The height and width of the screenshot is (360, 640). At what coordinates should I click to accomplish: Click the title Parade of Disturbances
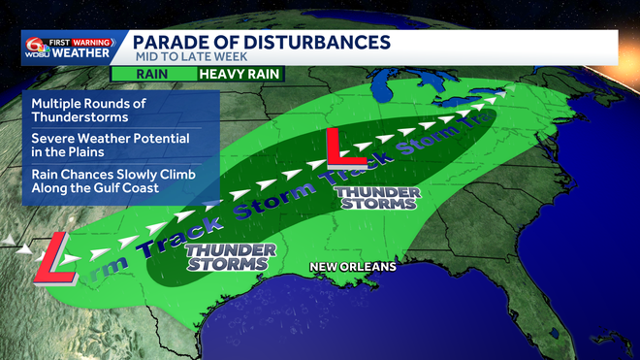(x=261, y=42)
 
